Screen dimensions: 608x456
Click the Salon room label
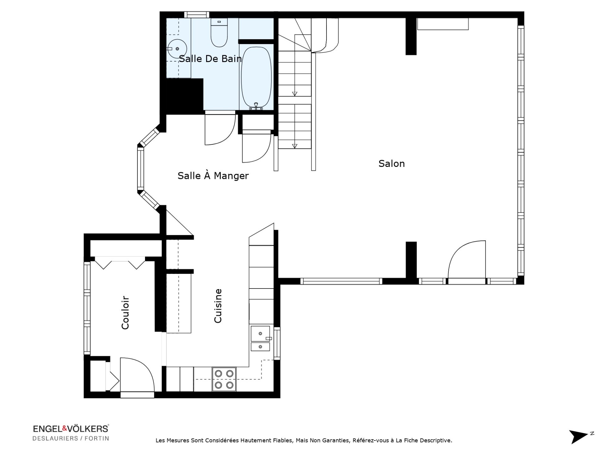[391, 164]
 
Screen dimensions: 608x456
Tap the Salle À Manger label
[213, 175]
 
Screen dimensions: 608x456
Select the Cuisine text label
[218, 306]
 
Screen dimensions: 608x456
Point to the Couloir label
[125, 313]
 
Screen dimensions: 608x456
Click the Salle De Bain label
[211, 59]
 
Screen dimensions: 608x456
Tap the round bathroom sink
[177, 49]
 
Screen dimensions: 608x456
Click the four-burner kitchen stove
[224, 379]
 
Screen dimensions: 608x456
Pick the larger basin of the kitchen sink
[260, 333]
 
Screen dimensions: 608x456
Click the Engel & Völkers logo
[71, 429]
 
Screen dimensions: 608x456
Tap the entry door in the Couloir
[137, 376]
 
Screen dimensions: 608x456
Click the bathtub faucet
[256, 106]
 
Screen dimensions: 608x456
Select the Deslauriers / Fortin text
[71, 439]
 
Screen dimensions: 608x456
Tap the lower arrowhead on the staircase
[294, 146]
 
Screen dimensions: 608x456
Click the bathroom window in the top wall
[197, 15]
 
